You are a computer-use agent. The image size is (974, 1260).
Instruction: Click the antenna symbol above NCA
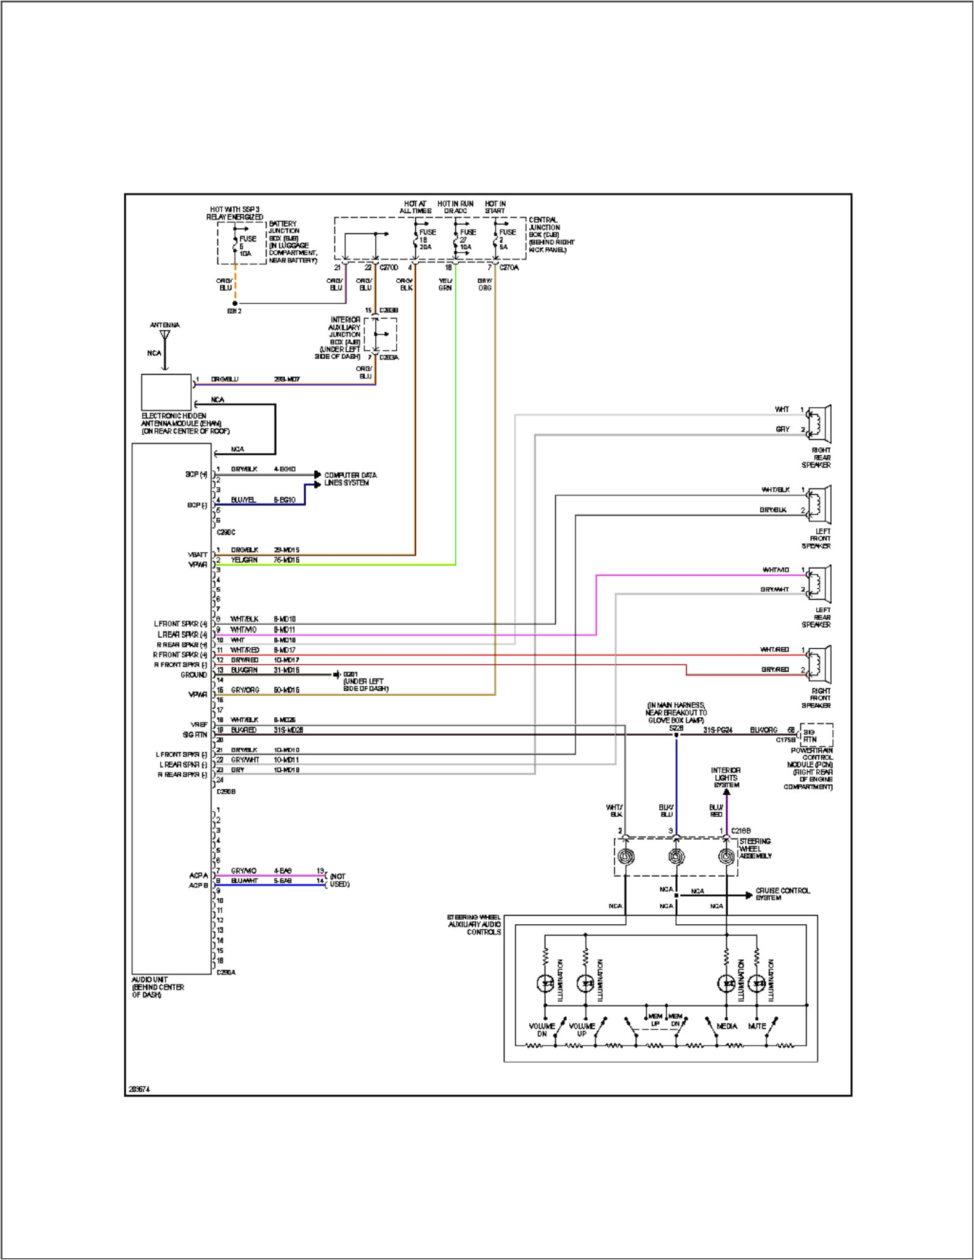164,336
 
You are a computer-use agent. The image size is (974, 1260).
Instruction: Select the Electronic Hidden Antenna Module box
166,392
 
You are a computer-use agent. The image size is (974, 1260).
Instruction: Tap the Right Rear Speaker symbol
819,424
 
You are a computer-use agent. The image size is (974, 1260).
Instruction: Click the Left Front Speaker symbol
819,504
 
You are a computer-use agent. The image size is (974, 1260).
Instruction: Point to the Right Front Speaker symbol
819,664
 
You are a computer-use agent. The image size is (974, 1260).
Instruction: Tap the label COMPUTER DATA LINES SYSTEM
350,479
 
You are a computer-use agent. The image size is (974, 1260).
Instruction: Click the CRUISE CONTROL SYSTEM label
782,894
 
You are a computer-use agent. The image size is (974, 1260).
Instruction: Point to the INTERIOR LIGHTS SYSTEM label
726,778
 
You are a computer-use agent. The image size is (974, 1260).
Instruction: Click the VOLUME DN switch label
542,1030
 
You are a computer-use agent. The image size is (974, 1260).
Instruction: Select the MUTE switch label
757,1026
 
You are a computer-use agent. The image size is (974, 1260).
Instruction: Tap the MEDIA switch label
727,1026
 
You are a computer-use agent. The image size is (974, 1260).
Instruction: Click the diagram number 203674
139,1089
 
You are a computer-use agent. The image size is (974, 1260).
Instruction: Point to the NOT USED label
339,880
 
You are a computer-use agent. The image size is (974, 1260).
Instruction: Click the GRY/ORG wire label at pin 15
245,690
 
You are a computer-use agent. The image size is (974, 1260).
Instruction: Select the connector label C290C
225,532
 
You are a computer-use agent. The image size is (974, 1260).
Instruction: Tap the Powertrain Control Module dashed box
816,735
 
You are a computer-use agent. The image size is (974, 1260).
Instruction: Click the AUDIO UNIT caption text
158,987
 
